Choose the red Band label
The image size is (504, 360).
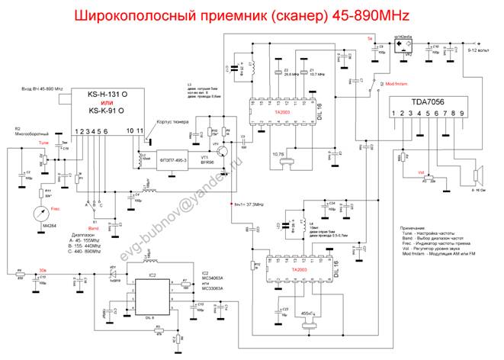point(92,228)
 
